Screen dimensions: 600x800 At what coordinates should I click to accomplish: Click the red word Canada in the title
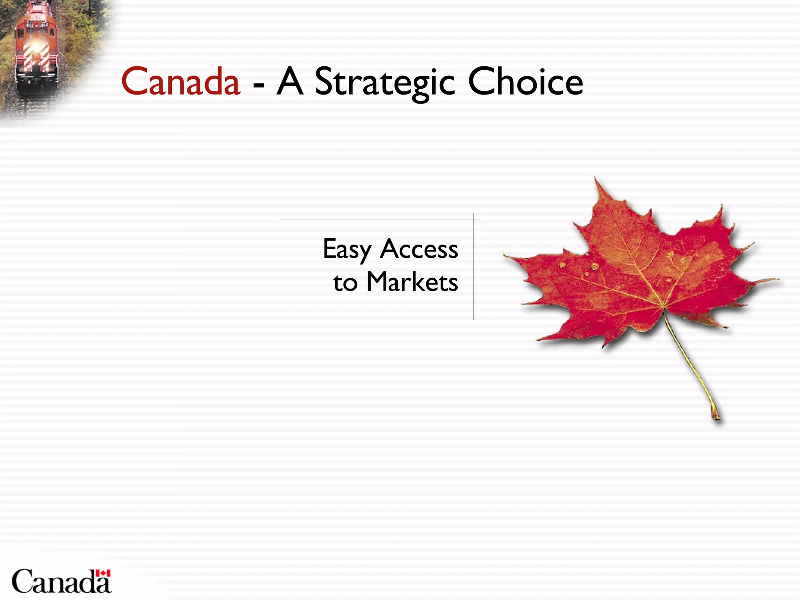pos(180,82)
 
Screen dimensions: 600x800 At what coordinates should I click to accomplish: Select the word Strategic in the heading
pos(384,83)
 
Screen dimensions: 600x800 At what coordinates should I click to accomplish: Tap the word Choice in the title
pos(525,82)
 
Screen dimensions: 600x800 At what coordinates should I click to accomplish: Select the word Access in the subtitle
pos(419,249)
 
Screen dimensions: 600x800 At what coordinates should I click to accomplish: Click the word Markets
pos(412,282)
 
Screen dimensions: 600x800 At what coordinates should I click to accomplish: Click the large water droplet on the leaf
pos(595,266)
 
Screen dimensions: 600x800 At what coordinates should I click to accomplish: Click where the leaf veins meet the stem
pos(663,307)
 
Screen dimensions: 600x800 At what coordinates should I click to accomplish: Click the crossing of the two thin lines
pos(473,220)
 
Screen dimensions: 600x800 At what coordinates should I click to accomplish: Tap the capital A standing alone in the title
pos(289,82)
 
